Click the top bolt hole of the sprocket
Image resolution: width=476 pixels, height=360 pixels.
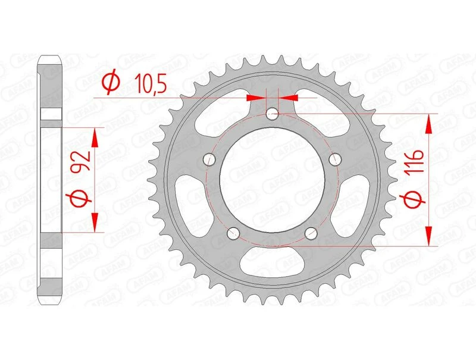point(273,112)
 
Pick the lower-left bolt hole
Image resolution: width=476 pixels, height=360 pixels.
point(233,233)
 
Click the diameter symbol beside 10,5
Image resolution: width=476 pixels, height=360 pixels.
point(110,83)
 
